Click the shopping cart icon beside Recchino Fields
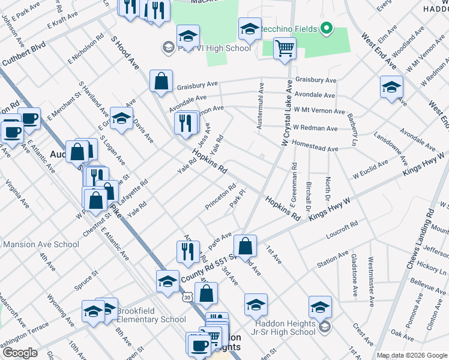coord(285,48)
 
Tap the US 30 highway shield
coord(188,298)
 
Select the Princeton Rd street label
coord(220,193)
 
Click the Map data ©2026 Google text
coord(412,355)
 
